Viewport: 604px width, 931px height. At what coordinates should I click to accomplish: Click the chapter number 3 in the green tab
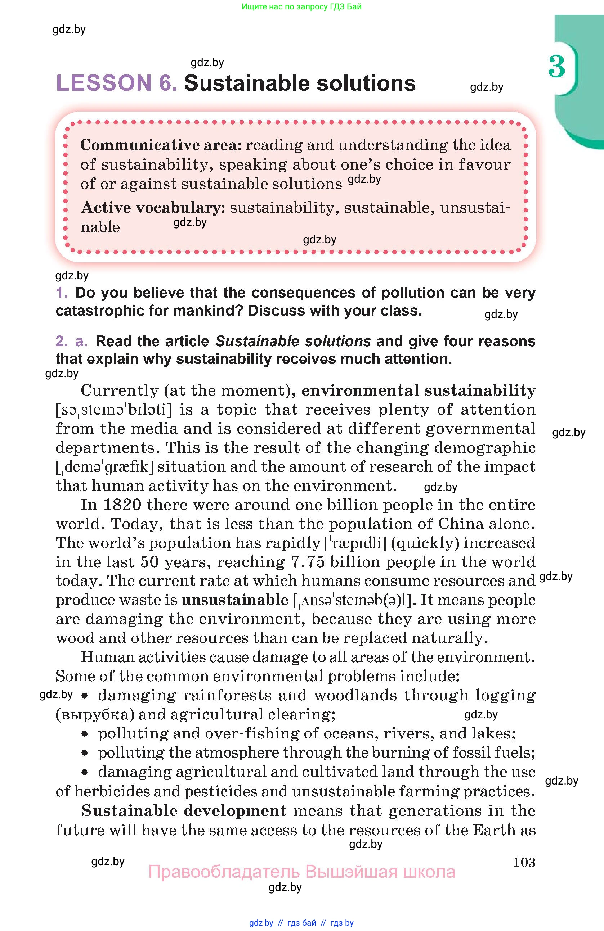[x=556, y=67]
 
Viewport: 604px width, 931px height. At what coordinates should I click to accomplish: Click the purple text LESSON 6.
[x=117, y=83]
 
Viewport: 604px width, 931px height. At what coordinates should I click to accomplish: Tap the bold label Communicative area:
[x=161, y=145]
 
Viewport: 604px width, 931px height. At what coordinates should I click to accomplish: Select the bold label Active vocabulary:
[x=153, y=208]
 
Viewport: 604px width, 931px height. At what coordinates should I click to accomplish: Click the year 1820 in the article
[x=122, y=505]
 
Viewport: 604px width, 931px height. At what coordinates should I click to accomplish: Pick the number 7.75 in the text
[x=308, y=562]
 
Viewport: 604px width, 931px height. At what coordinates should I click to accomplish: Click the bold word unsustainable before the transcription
[x=235, y=600]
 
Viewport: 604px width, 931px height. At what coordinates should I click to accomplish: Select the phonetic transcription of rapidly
[x=355, y=543]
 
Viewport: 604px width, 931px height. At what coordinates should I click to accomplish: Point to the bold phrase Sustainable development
[x=184, y=810]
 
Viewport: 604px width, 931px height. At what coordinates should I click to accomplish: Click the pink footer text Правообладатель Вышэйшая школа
[x=301, y=872]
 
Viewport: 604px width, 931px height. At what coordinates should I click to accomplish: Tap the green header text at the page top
[x=301, y=6]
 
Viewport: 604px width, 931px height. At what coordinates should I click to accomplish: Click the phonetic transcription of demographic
[x=105, y=467]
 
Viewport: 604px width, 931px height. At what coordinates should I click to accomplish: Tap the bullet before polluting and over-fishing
[x=85, y=734]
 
